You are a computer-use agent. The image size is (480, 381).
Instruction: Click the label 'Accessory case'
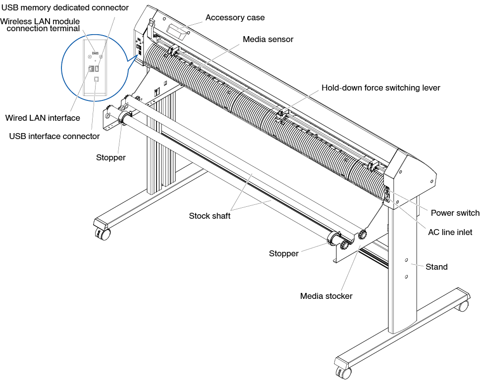[235, 18]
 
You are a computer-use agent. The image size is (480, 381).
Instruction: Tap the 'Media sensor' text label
[268, 39]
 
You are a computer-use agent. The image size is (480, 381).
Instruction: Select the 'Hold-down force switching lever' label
[380, 88]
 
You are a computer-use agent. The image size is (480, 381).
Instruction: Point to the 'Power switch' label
[455, 213]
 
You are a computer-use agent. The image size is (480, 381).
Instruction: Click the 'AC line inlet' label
[450, 232]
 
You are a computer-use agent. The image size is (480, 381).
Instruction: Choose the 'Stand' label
[436, 267]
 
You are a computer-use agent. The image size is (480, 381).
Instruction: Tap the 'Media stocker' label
[326, 296]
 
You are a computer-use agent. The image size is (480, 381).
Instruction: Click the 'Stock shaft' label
[210, 216]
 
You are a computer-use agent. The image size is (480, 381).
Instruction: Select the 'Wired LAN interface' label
[43, 118]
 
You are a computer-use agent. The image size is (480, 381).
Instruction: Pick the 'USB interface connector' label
[54, 136]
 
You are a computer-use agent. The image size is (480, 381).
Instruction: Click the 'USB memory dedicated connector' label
[65, 7]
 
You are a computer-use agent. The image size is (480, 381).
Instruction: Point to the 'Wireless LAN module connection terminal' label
[40, 25]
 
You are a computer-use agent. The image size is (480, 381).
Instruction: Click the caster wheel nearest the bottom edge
[345, 373]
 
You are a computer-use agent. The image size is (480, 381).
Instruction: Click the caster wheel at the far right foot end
[463, 305]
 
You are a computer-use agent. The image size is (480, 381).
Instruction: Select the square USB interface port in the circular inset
[96, 79]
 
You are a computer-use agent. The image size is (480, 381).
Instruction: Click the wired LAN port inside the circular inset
[91, 68]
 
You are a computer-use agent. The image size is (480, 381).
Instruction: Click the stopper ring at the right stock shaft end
[333, 238]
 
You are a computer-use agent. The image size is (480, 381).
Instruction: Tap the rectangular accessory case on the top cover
[177, 32]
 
